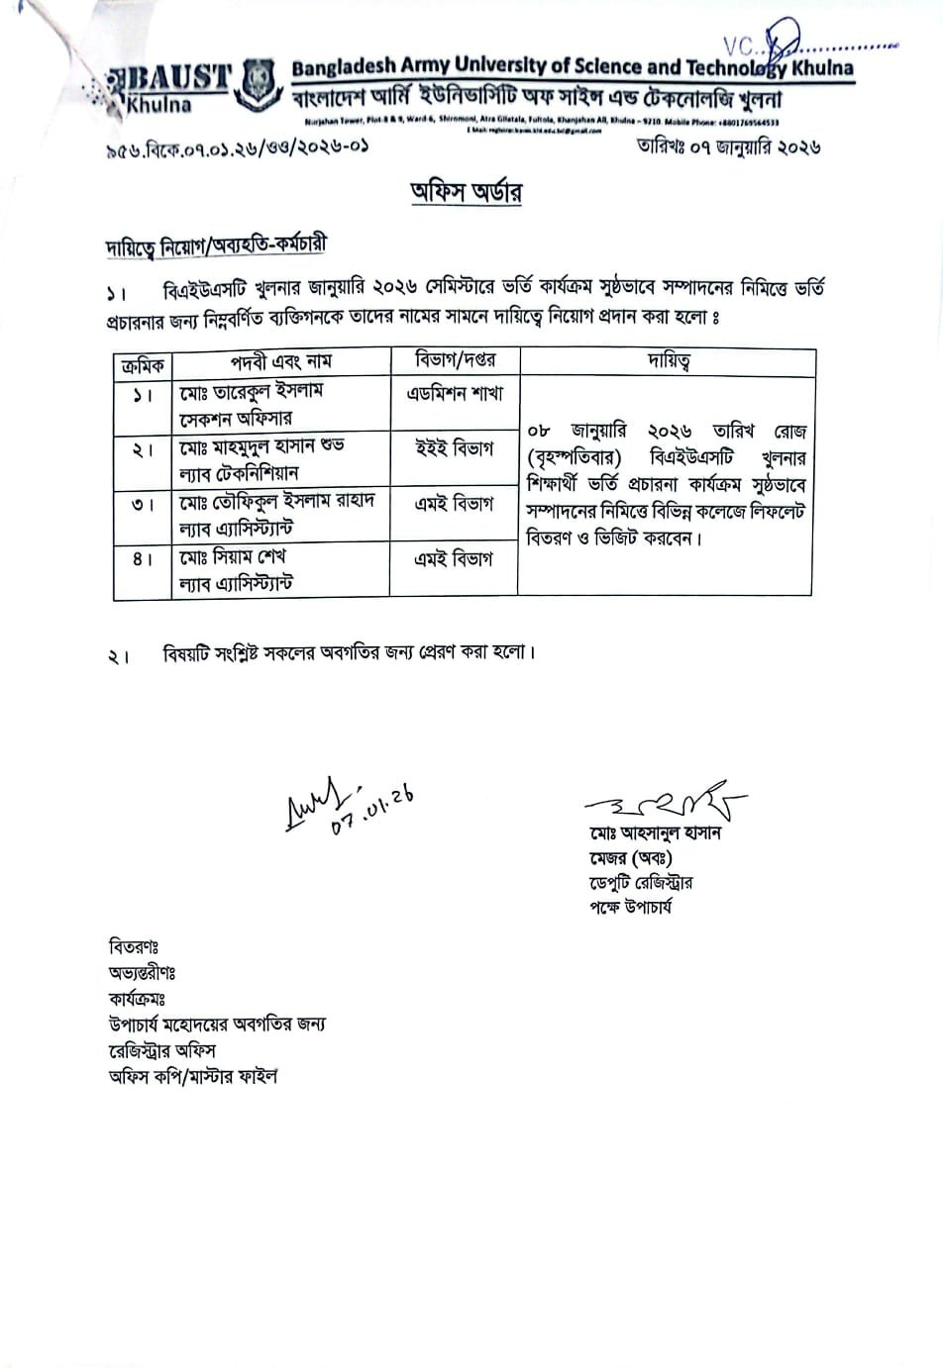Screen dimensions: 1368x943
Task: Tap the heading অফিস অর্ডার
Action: click(x=467, y=191)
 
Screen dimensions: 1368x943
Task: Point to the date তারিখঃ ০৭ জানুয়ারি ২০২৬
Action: click(x=729, y=147)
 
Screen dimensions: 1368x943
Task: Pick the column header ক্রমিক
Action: click(x=143, y=363)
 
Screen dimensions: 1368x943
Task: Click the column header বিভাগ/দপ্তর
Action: click(x=455, y=361)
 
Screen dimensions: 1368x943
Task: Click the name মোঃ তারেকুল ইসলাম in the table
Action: click(x=252, y=391)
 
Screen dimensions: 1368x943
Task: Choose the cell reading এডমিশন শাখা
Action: click(x=455, y=393)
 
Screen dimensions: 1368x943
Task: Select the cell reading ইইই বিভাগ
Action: click(x=455, y=448)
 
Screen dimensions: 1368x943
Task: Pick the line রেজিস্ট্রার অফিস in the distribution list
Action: click(x=161, y=1050)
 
